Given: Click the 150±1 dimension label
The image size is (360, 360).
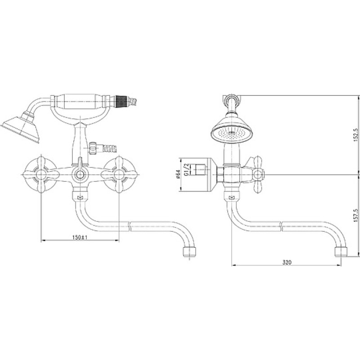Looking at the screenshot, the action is (80, 237).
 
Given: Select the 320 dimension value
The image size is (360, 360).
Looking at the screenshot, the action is (287, 262).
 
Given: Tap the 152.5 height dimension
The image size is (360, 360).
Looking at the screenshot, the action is (356, 135).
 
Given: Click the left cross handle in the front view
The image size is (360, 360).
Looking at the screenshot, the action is (41, 175).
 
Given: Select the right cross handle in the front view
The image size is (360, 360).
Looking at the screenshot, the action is (119, 175).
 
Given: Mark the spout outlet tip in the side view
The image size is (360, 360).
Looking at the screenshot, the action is (341, 252).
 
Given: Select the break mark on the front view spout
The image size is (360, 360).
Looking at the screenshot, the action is (130, 226).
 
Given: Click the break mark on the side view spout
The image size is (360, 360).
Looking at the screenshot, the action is (281, 227).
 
